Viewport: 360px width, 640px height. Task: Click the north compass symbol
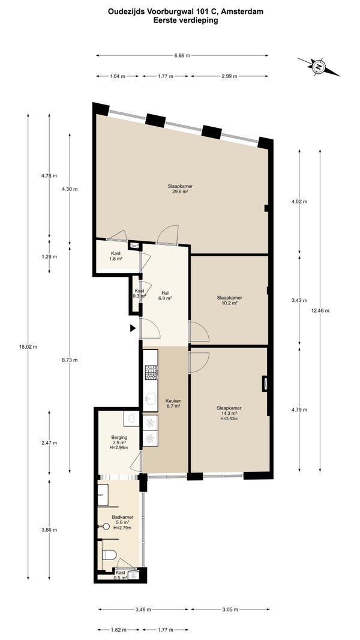[319, 67]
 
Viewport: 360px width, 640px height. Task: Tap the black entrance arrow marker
[133, 328]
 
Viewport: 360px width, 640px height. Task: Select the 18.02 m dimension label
[28, 347]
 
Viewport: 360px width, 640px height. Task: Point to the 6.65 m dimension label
[182, 55]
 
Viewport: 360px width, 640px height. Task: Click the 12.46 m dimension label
[320, 310]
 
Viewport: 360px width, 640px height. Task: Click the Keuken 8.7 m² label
[173, 403]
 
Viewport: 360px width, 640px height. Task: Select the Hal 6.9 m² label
[165, 295]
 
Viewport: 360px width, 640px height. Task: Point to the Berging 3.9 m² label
[119, 442]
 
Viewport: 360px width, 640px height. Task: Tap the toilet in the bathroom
[109, 554]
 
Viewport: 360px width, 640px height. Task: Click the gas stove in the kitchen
[151, 372]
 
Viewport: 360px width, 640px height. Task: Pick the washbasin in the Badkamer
[103, 495]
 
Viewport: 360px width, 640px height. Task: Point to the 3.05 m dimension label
[230, 609]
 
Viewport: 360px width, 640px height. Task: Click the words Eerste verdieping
[185, 20]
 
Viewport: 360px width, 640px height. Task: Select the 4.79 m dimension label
[299, 410]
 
